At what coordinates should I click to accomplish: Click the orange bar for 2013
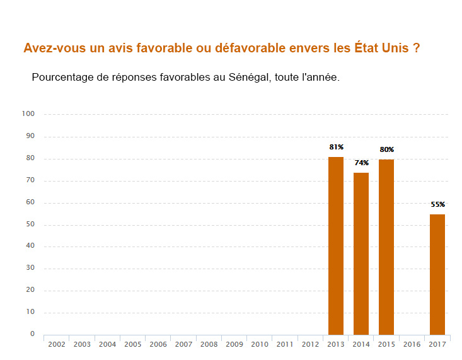pyautogui.click(x=336, y=246)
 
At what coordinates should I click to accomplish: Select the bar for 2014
pyautogui.click(x=361, y=253)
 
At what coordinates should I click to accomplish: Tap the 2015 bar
pyautogui.click(x=386, y=247)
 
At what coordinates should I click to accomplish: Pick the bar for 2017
pyautogui.click(x=437, y=274)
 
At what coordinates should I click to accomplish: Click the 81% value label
pyautogui.click(x=336, y=147)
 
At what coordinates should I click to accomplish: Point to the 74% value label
pyautogui.click(x=361, y=163)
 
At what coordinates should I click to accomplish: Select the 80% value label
pyautogui.click(x=386, y=149)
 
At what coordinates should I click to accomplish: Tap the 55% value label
pyautogui.click(x=437, y=204)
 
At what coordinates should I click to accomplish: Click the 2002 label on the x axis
pyautogui.click(x=57, y=344)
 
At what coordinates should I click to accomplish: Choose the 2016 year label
pyautogui.click(x=412, y=344)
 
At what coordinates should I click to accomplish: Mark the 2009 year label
pyautogui.click(x=234, y=344)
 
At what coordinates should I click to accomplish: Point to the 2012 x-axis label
pyautogui.click(x=310, y=344)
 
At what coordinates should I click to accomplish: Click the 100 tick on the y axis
pyautogui.click(x=28, y=114)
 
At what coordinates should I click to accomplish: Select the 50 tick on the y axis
pyautogui.click(x=30, y=224)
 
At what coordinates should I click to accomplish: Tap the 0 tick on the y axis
pyautogui.click(x=32, y=334)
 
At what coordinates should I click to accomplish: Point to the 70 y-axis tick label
pyautogui.click(x=30, y=180)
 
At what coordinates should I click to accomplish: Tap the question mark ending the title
pyautogui.click(x=417, y=48)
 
